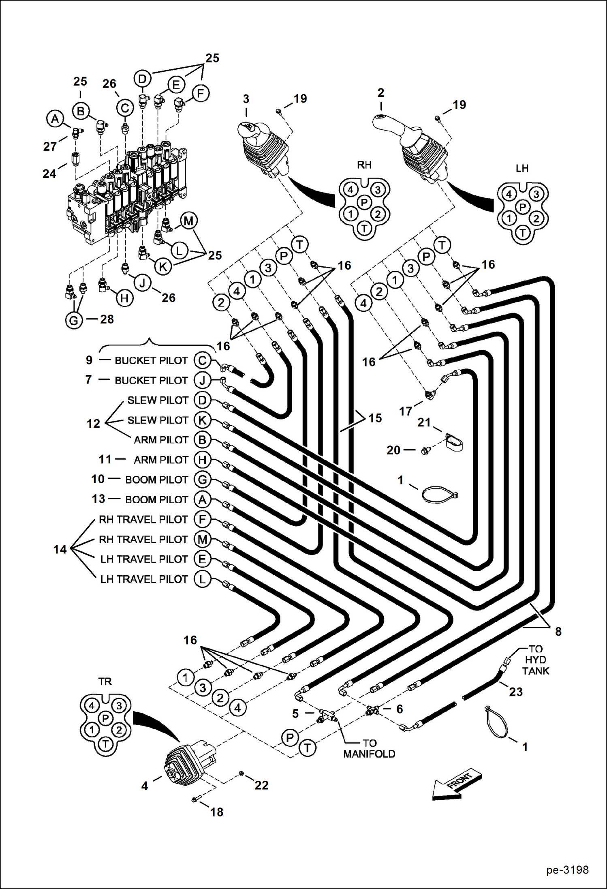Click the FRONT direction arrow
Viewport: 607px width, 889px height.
point(457,784)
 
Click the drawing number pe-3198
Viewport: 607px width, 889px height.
point(567,870)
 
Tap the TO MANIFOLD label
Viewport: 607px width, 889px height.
point(369,748)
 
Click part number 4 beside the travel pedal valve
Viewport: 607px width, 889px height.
point(145,786)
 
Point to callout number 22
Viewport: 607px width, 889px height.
point(261,785)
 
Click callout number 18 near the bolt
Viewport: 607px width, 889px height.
point(217,812)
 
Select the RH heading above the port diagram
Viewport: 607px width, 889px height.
point(364,165)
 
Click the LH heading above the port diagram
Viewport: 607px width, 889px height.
point(522,168)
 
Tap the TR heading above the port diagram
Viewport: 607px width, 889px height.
point(105,681)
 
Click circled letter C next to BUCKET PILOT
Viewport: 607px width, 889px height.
point(202,360)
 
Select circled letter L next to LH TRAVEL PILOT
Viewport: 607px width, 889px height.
point(202,579)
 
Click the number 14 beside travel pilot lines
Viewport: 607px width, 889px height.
point(60,549)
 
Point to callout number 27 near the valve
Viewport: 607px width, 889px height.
point(50,146)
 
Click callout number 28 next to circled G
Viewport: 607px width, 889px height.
point(107,319)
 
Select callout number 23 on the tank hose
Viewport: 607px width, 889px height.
point(515,692)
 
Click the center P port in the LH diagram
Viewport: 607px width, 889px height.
point(522,208)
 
